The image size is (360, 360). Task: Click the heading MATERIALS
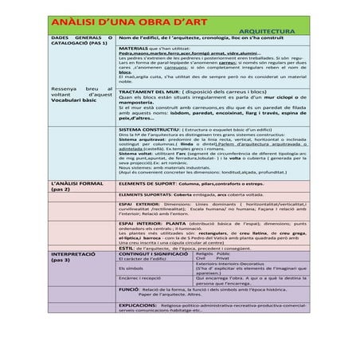pos(132,48)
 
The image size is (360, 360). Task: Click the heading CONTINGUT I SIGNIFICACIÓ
pos(151,253)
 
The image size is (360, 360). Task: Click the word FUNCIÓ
pos(127,290)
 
